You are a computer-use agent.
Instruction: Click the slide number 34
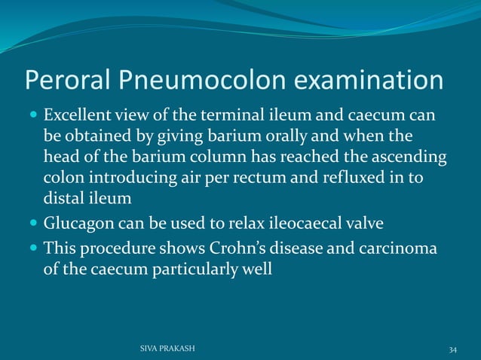[x=452, y=349]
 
